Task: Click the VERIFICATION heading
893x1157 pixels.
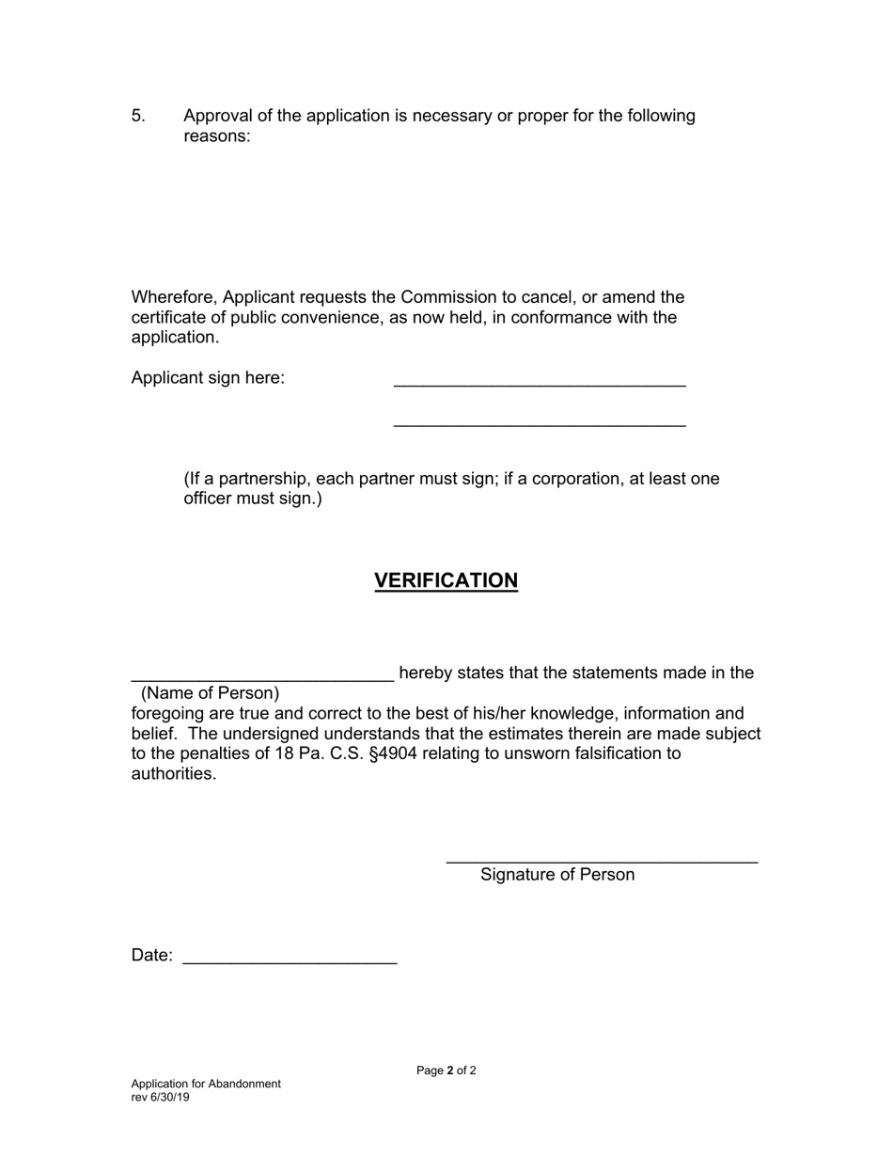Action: point(446,580)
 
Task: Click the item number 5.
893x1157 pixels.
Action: point(138,116)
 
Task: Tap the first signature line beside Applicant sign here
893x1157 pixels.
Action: point(540,384)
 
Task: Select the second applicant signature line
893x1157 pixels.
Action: point(540,425)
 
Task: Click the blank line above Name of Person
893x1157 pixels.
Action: point(262,677)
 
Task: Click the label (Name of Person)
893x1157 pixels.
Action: point(211,693)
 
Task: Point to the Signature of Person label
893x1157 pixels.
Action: point(557,875)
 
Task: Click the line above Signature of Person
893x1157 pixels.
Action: point(602,861)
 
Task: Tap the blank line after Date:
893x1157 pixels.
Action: point(290,961)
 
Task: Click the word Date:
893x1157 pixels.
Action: point(152,956)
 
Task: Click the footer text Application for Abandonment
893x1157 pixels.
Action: point(206,1084)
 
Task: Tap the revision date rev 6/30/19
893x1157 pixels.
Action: point(160,1097)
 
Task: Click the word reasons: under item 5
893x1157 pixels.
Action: point(217,136)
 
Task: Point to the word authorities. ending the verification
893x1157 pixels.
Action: point(174,774)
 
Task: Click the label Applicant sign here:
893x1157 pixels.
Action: point(208,378)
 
